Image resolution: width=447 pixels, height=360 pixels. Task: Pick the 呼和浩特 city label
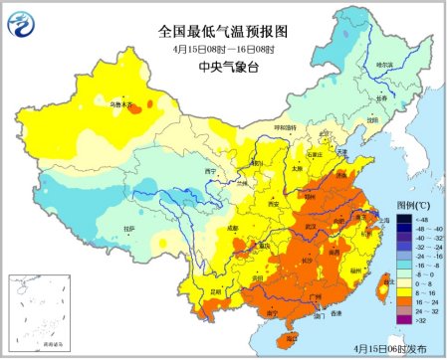(286, 128)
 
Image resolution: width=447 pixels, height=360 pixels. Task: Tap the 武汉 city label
(316, 226)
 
